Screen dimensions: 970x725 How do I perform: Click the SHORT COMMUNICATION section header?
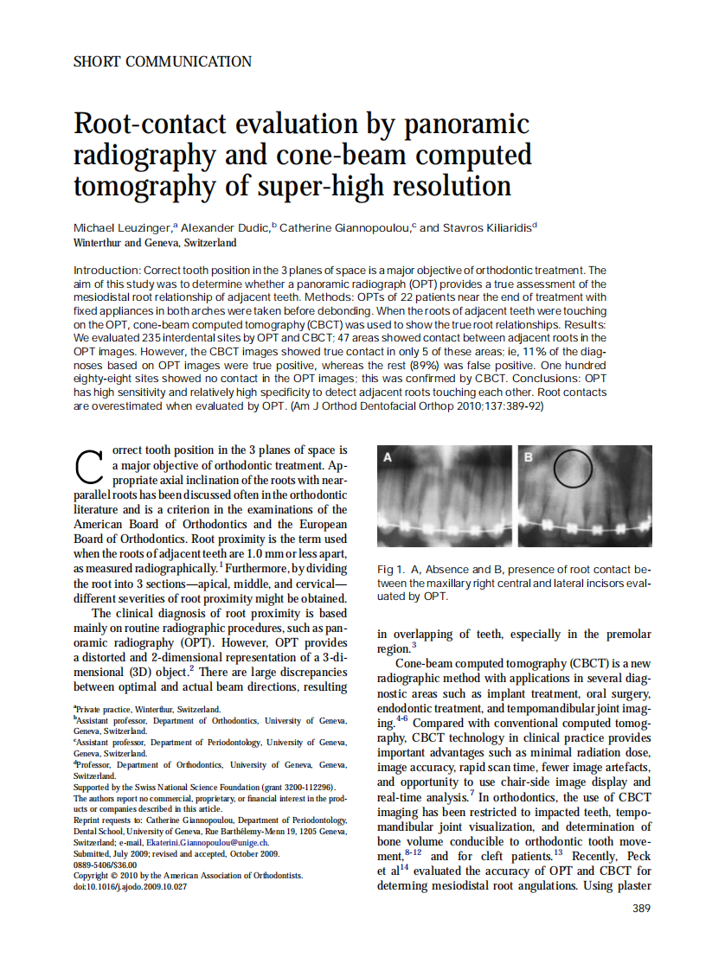(163, 61)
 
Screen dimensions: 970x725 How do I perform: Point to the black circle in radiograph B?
(572, 468)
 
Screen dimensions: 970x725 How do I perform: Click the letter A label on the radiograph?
(388, 457)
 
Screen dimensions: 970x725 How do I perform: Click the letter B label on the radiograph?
(527, 457)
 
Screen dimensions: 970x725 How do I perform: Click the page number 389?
(641, 908)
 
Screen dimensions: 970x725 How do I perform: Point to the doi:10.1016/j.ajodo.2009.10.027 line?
(131, 886)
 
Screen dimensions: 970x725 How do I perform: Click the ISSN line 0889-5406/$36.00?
(105, 864)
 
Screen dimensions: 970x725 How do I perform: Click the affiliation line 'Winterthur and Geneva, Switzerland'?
(155, 243)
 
